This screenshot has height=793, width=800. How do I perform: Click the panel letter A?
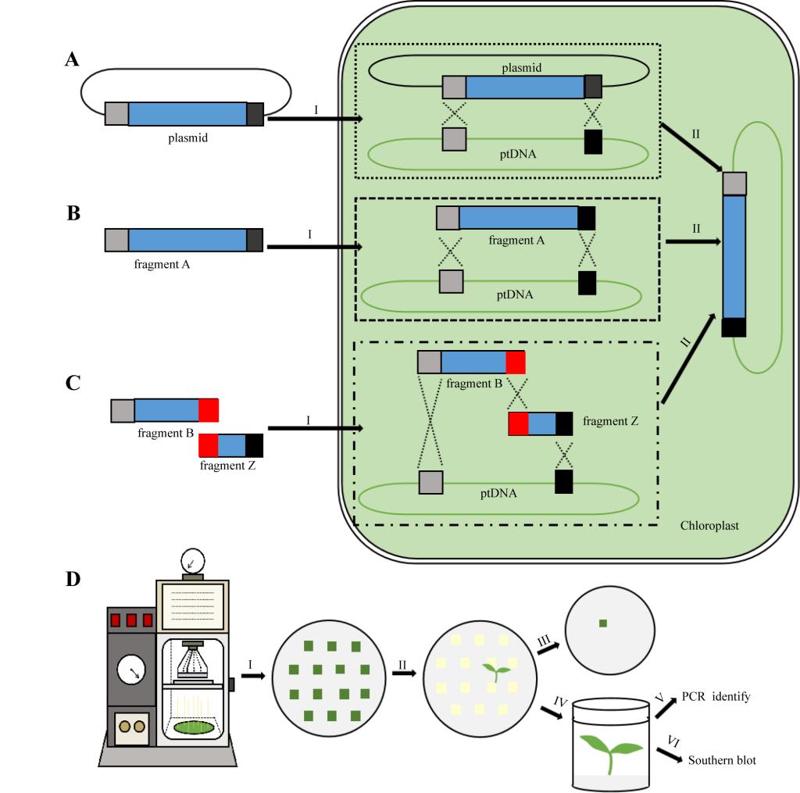[72, 60]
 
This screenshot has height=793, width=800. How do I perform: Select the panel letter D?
[72, 580]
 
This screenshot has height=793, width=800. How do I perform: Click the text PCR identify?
[716, 696]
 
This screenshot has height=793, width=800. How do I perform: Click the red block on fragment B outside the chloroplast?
[208, 410]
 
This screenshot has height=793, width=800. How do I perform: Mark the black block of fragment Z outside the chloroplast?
[254, 445]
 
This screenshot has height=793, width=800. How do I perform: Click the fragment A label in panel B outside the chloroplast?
[162, 264]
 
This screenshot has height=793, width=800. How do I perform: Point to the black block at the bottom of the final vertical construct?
[734, 327]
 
